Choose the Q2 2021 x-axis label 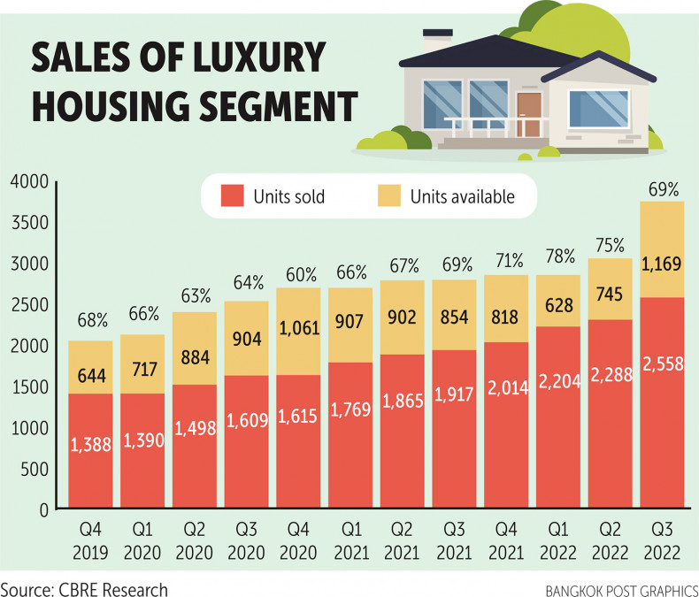tap(403, 539)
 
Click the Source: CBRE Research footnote tap(84, 586)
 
